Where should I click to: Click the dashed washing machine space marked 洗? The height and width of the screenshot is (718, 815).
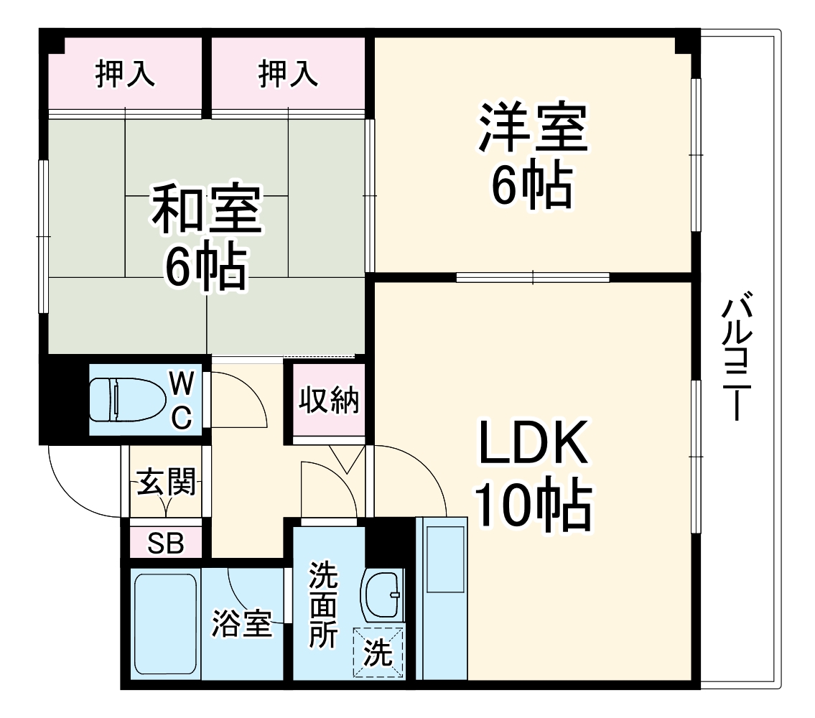[378, 653]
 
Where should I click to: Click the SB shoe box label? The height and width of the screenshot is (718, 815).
[166, 544]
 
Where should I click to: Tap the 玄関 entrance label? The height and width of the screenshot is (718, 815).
[167, 482]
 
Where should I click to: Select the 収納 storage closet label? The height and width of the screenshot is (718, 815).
[328, 401]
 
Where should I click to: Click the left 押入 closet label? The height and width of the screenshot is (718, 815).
[126, 74]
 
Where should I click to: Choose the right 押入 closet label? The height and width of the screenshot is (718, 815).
[288, 74]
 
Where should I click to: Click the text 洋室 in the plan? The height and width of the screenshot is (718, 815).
[533, 128]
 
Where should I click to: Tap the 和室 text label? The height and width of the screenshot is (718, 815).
[206, 209]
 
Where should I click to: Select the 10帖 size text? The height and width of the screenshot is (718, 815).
[533, 505]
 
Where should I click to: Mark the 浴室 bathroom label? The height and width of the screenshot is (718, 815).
[241, 624]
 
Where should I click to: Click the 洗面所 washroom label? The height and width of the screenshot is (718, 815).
[323, 605]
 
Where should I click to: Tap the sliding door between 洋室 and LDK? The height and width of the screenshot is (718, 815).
[533, 276]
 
